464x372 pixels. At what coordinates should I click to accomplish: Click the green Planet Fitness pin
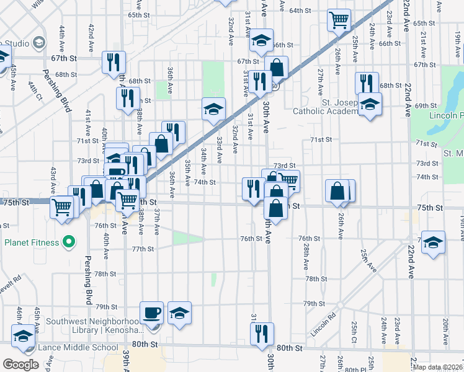[x=69, y=241]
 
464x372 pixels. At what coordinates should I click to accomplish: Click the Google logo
[x=20, y=365]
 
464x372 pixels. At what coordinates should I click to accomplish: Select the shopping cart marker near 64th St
[x=339, y=20]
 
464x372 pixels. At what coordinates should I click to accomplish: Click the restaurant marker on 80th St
[x=262, y=332]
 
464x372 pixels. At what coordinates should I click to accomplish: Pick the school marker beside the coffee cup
[x=180, y=313]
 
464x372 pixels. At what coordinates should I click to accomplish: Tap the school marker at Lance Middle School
[x=24, y=336]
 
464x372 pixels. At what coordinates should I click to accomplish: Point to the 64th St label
[x=300, y=11]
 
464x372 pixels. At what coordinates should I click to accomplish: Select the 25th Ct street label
[x=354, y=329]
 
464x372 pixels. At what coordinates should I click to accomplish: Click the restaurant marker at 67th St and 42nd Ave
[x=114, y=61]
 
